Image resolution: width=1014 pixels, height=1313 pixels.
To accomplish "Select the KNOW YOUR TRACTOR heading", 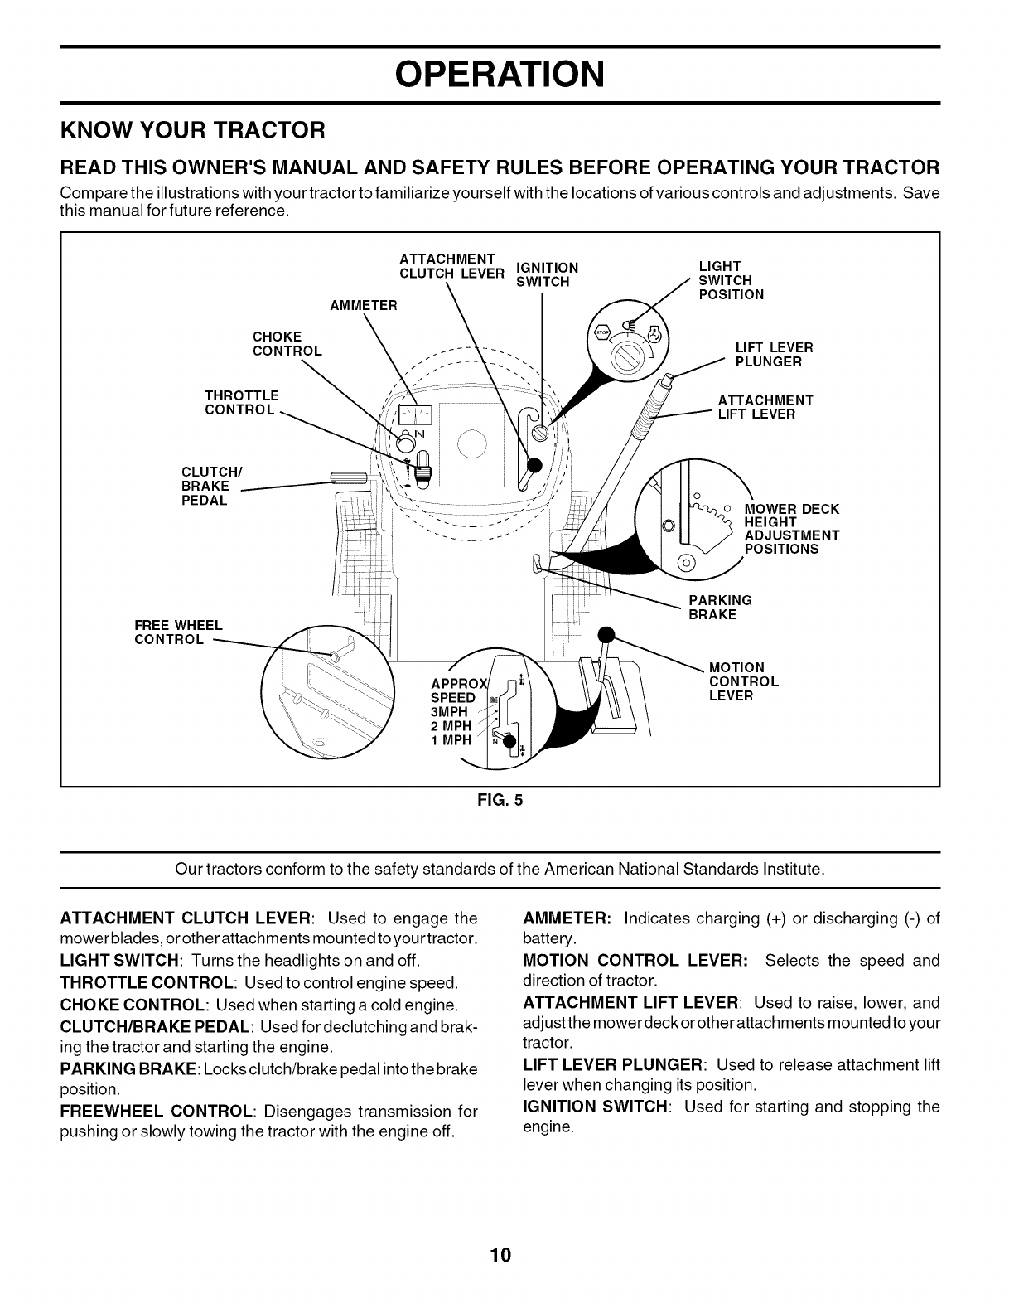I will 191,130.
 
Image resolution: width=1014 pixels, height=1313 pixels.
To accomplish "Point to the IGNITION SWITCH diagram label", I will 546,274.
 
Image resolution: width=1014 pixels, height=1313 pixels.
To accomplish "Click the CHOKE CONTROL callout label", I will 287,343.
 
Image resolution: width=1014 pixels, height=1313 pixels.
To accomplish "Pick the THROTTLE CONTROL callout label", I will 241,402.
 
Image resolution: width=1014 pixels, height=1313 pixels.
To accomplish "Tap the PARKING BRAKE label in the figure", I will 720,607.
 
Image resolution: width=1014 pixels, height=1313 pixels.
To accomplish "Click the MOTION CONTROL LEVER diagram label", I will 743,681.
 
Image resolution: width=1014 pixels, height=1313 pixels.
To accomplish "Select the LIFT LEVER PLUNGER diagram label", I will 774,354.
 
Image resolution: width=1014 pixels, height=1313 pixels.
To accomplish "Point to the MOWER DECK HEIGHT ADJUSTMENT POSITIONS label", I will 791,529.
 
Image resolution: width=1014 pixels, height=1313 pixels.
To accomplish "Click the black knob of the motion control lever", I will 607,634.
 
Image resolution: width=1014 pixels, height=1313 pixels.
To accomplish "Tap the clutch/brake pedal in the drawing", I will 342,476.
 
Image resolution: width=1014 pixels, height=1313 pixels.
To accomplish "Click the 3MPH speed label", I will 449,712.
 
